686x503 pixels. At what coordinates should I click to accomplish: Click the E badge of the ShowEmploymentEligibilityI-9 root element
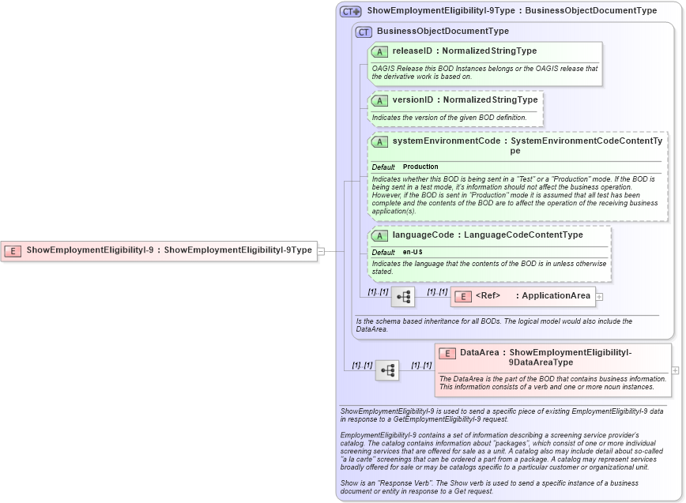pyautogui.click(x=13, y=250)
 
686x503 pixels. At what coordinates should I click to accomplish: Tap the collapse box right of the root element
pyautogui.click(x=320, y=250)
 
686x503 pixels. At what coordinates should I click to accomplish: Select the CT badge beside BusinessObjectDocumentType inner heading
pyautogui.click(x=364, y=32)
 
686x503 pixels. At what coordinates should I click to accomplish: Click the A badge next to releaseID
pyautogui.click(x=379, y=51)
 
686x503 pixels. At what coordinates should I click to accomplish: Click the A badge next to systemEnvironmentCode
pyautogui.click(x=379, y=142)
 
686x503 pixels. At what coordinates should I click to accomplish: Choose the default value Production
pyautogui.click(x=420, y=167)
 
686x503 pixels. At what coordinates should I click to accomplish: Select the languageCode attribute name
pyautogui.click(x=423, y=235)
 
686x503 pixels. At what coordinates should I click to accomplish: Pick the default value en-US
pyautogui.click(x=413, y=252)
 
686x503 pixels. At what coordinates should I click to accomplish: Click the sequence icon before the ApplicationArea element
pyautogui.click(x=403, y=297)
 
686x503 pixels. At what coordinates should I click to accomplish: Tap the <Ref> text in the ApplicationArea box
pyautogui.click(x=488, y=296)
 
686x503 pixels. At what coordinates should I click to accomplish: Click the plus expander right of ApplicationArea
pyautogui.click(x=599, y=297)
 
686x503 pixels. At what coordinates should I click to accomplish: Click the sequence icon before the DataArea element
pyautogui.click(x=387, y=370)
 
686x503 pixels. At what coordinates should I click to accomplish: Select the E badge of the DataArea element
pyautogui.click(x=447, y=354)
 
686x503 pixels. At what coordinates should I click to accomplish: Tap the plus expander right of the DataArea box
pyautogui.click(x=674, y=370)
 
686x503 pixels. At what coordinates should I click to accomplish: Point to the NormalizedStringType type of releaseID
pyautogui.click(x=489, y=51)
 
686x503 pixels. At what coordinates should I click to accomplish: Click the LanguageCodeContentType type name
pyautogui.click(x=523, y=235)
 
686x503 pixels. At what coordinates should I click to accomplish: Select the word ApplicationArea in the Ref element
pyautogui.click(x=556, y=296)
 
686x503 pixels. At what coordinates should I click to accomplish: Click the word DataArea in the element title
pyautogui.click(x=480, y=353)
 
